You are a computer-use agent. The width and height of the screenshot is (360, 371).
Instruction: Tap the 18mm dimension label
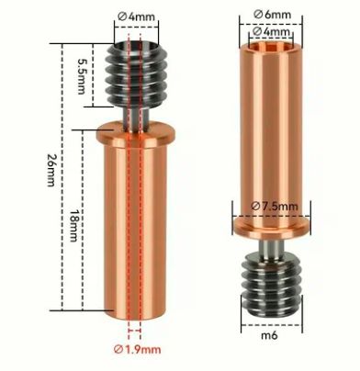pyautogui.click(x=73, y=225)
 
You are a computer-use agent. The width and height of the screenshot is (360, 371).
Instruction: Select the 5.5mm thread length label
pyautogui.click(x=81, y=76)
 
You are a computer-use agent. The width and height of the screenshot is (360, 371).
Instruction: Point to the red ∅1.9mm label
pyautogui.click(x=137, y=349)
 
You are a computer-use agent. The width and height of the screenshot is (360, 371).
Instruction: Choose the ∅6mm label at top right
pyautogui.click(x=273, y=14)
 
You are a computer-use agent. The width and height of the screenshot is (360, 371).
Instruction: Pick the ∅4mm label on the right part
pyautogui.click(x=272, y=31)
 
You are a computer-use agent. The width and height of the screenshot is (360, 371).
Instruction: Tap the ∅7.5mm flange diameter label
pyautogui.click(x=275, y=206)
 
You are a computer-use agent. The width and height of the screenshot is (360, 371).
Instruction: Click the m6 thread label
pyautogui.click(x=269, y=335)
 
